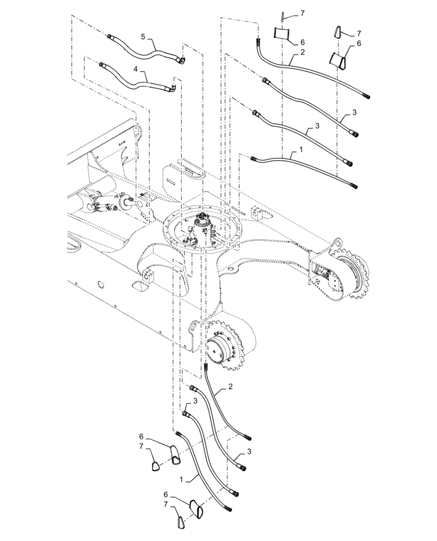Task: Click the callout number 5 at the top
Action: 143,37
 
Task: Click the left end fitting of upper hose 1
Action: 254,157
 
